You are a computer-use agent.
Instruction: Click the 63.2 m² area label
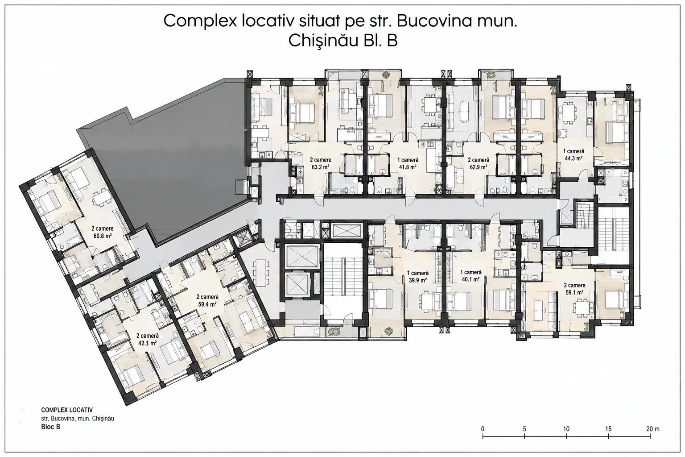click(321, 167)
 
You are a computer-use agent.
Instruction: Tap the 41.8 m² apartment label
click(408, 167)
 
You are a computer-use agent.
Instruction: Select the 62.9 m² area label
click(479, 167)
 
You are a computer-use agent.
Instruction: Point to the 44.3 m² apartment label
click(574, 158)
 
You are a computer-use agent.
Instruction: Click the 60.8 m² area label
click(102, 236)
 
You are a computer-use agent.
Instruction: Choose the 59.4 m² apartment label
click(207, 304)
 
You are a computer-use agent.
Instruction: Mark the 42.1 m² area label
click(148, 343)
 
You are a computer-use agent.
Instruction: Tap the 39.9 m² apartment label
click(418, 280)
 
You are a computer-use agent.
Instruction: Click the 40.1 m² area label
click(470, 279)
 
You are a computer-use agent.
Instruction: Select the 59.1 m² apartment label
click(574, 292)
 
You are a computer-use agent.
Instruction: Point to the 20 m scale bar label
click(653, 429)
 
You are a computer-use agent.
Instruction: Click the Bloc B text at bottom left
click(51, 426)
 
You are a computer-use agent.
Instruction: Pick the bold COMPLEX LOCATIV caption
click(67, 410)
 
